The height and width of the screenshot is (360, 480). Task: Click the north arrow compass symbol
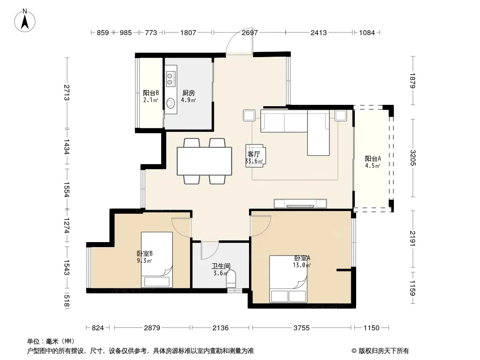tap(25, 21)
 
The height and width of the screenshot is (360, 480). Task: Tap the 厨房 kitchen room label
tap(189, 93)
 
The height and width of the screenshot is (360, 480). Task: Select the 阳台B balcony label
tap(151, 93)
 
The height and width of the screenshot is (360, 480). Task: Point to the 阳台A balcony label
tap(373, 158)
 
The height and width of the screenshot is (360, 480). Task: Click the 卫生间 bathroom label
tap(221, 266)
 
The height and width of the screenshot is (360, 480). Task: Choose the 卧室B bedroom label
tap(145, 253)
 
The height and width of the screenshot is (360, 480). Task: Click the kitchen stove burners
tap(171, 78)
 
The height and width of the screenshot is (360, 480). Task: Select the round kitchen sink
tap(171, 103)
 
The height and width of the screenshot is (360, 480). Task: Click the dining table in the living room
tap(204, 161)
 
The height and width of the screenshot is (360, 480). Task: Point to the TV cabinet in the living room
tap(300, 203)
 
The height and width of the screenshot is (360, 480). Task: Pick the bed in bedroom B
tap(157, 260)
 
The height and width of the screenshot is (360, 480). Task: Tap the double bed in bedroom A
tap(288, 279)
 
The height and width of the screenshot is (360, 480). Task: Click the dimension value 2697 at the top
tap(250, 32)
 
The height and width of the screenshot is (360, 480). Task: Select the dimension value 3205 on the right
tap(413, 158)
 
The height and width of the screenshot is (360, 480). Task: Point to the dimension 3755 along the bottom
tap(302, 328)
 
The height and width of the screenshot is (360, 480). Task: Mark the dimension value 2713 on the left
tap(67, 92)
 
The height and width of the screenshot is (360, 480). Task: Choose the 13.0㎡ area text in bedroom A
tap(302, 265)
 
